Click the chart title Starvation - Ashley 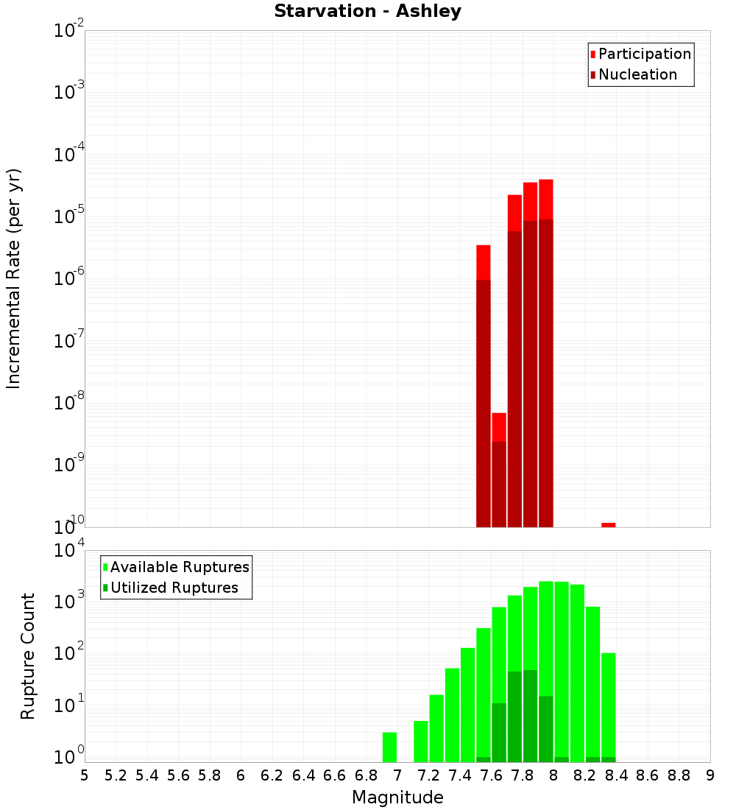coord(367,12)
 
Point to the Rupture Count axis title coord(28,656)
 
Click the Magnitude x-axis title coord(397,797)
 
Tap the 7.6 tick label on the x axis coord(491,775)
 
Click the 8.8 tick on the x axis coord(679,775)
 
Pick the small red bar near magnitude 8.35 coord(608,525)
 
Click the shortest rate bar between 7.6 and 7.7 coord(499,471)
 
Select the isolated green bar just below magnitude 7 coord(389,747)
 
